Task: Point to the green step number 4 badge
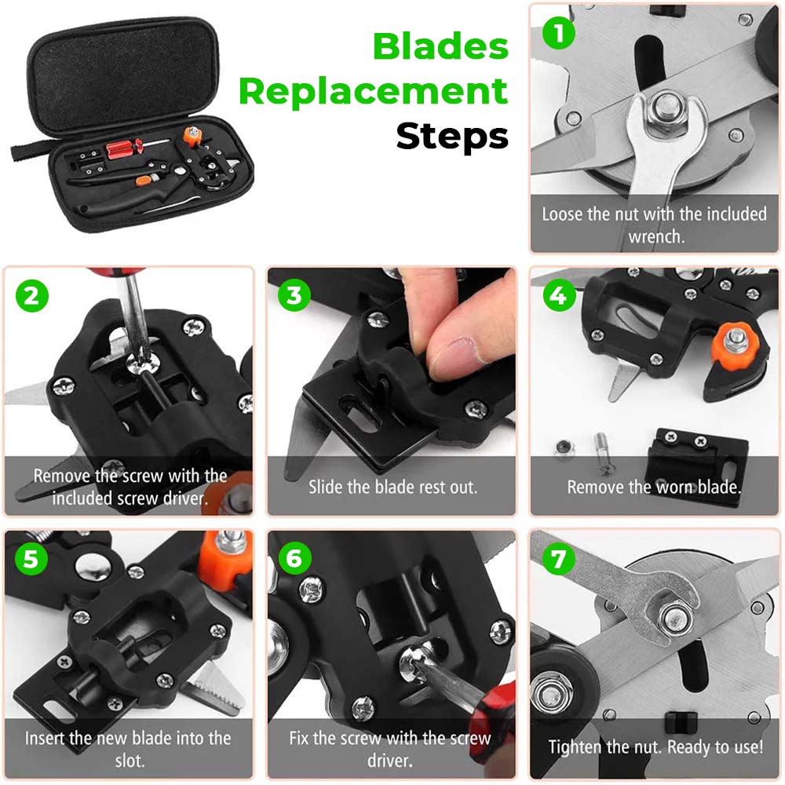pos(557,296)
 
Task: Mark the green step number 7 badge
pos(557,558)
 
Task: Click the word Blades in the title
pos(440,46)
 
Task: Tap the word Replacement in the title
pos(374,92)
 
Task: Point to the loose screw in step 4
pos(604,451)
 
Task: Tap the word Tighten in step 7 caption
pos(576,747)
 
